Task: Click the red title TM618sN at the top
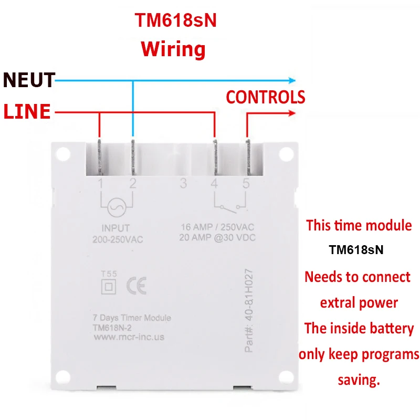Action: click(x=176, y=20)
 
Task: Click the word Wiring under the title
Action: click(x=173, y=49)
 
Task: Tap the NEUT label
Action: click(x=29, y=80)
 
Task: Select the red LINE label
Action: click(x=27, y=112)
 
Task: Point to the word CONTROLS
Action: click(x=265, y=97)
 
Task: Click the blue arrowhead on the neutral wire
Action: click(x=291, y=80)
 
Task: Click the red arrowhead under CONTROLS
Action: click(x=292, y=112)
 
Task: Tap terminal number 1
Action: click(x=100, y=183)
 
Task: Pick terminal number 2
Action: click(x=133, y=183)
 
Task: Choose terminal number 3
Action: click(x=183, y=184)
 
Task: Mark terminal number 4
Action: click(x=214, y=184)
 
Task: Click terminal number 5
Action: click(x=246, y=184)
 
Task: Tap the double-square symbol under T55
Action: click(x=109, y=287)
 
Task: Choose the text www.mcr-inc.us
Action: click(x=129, y=337)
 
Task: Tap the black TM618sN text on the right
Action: click(x=356, y=250)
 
